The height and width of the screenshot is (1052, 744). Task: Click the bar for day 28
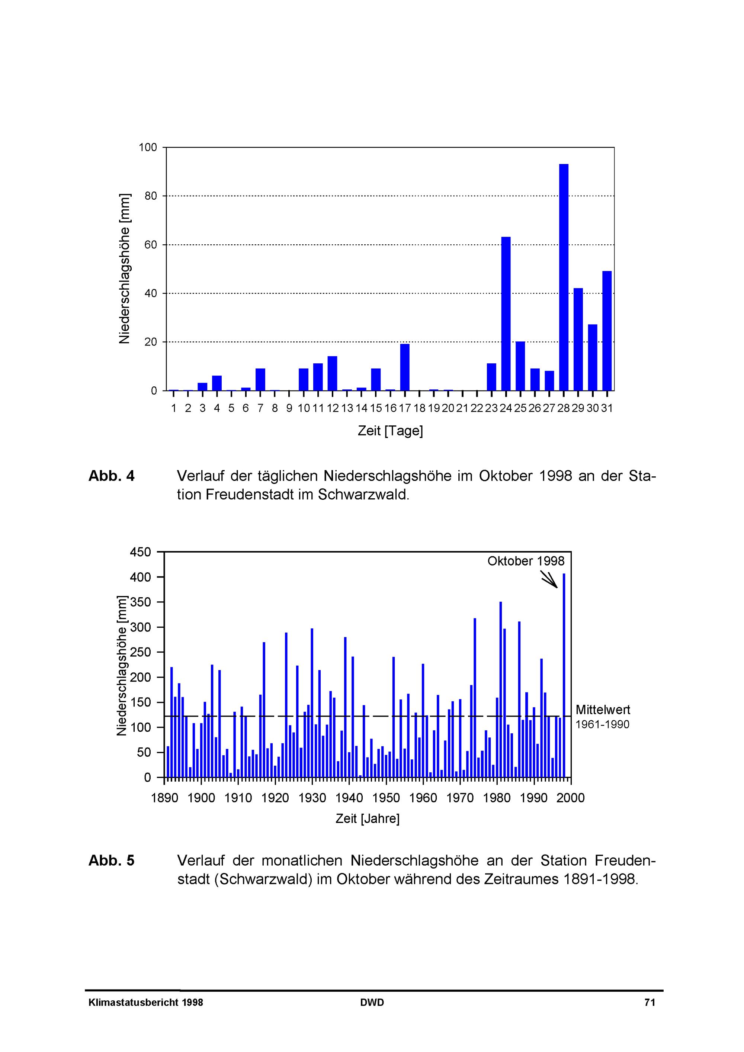pos(564,277)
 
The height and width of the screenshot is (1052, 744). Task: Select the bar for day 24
pos(506,313)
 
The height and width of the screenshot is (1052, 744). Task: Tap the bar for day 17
pos(405,367)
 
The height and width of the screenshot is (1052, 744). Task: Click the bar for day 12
pos(332,373)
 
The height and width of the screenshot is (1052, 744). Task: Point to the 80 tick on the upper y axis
pos(151,196)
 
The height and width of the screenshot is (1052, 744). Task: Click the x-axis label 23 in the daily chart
pos(491,408)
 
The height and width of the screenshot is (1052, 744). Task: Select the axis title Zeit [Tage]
pos(390,431)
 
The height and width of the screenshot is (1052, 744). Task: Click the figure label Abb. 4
pos(111,476)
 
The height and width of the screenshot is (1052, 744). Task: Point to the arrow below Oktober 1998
pos(549,579)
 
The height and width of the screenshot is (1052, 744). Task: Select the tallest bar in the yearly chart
pos(564,675)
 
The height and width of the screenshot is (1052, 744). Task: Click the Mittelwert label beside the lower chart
pos(603,710)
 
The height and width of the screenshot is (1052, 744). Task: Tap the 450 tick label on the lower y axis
pos(140,552)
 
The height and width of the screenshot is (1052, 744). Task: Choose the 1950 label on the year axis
pos(386,798)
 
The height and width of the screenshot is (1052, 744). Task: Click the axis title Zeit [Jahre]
pos(368,818)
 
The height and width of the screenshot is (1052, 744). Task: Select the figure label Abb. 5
pos(111,860)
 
